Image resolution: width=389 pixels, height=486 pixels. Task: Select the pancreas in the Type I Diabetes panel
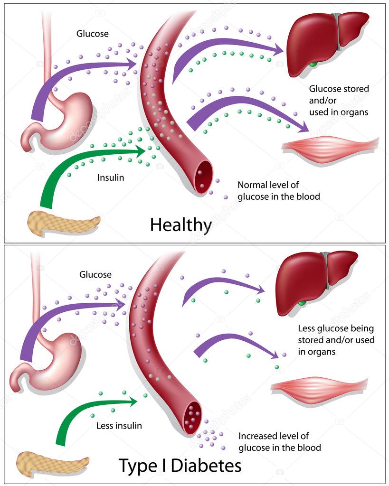[52, 463]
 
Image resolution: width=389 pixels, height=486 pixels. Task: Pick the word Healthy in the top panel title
[180, 224]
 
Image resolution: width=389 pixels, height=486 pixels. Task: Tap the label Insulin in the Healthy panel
[111, 178]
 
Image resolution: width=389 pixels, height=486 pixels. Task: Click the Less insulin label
[119, 426]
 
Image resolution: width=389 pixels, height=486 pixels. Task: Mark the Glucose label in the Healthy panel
[92, 34]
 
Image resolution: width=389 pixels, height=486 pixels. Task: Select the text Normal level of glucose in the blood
[278, 190]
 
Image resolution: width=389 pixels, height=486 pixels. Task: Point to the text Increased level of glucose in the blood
[279, 441]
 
